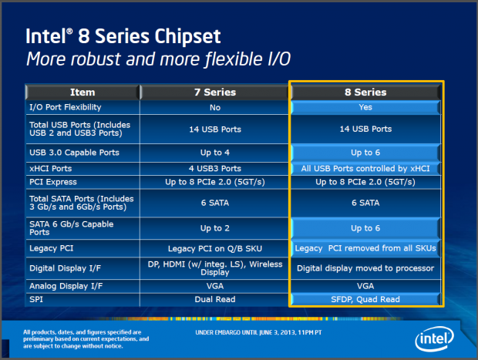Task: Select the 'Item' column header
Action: tap(82, 93)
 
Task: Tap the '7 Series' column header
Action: tap(214, 93)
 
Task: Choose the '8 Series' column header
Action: tap(365, 93)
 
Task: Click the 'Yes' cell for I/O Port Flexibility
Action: tap(365, 107)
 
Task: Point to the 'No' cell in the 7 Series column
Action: tap(214, 107)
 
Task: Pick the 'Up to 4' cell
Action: tap(214, 152)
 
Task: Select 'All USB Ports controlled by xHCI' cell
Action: tap(365, 168)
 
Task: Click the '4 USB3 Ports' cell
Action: tap(214, 168)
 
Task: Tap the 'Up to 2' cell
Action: tap(214, 228)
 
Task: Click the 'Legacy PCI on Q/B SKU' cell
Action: tap(214, 248)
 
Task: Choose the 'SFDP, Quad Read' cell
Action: tap(365, 299)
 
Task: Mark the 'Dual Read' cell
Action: tap(214, 299)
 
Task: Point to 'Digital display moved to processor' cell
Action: tap(365, 268)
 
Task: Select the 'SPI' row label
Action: tap(36, 299)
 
